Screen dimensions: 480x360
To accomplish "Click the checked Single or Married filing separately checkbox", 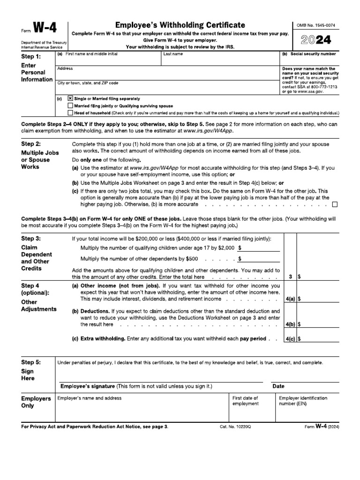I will coord(70,98).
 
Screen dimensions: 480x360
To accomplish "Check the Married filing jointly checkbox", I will coord(70,106).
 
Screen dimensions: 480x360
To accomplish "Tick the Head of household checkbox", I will coord(70,113).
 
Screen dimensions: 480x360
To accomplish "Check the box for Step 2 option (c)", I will coord(335,205).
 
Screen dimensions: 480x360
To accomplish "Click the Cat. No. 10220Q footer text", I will coord(235,427).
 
